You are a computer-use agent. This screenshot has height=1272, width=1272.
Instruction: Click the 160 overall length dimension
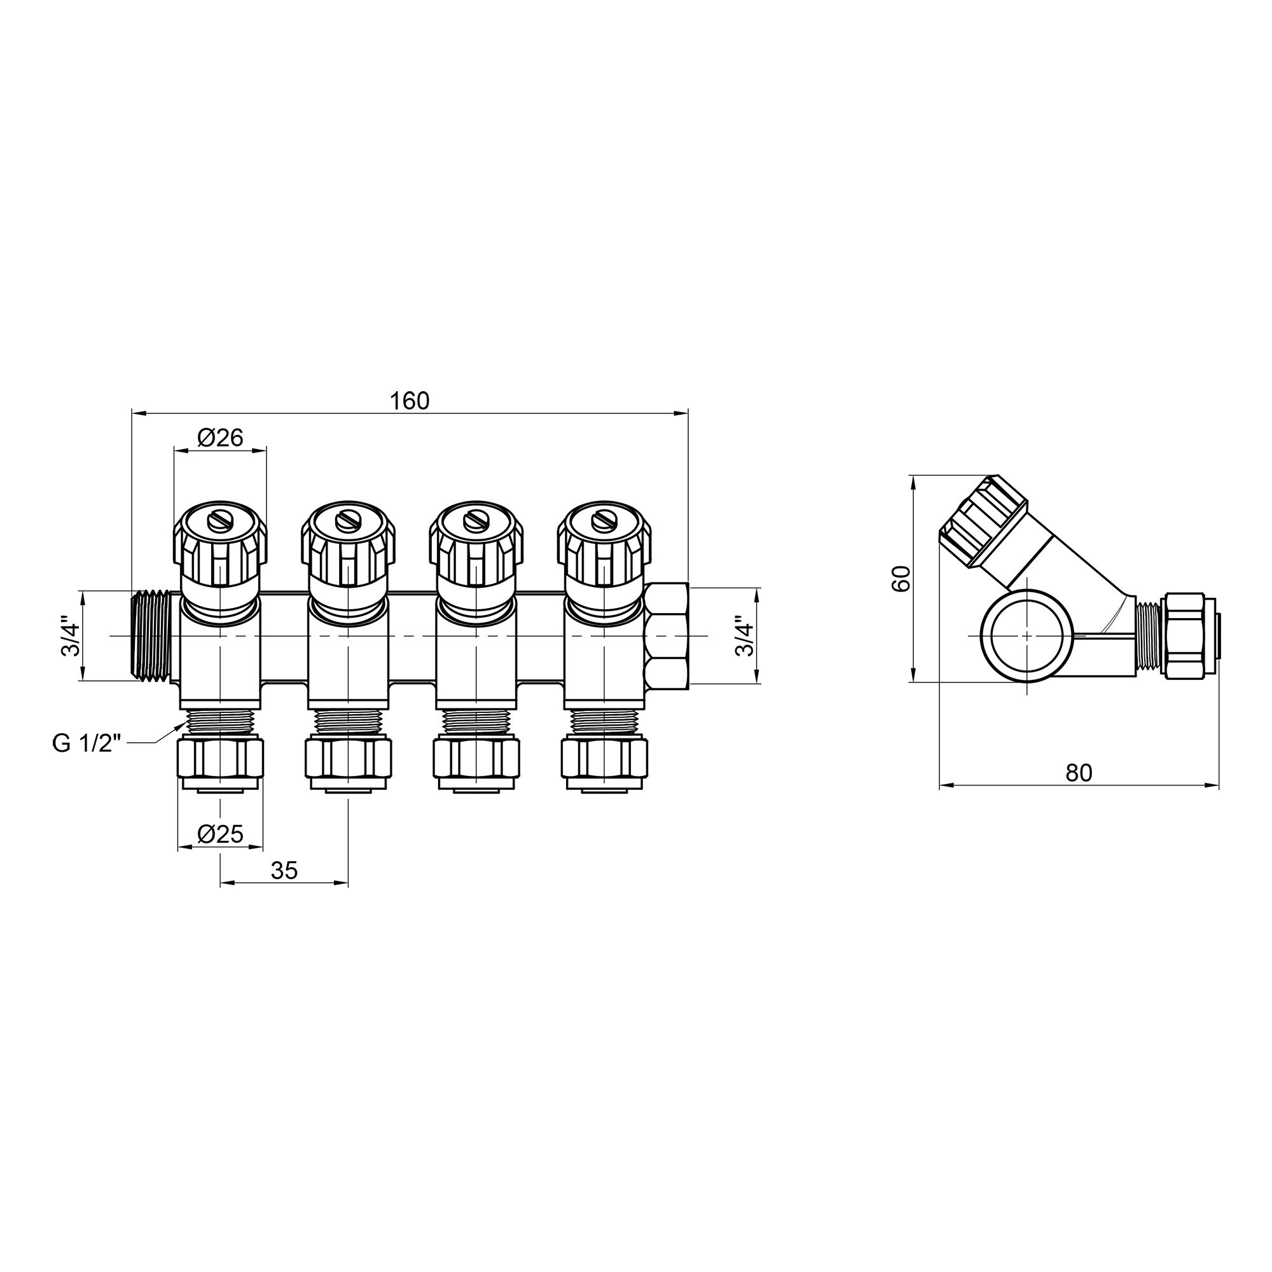(x=409, y=400)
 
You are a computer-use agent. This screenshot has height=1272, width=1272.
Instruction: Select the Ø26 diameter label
(x=220, y=436)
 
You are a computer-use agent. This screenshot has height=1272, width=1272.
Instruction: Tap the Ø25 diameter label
(x=220, y=834)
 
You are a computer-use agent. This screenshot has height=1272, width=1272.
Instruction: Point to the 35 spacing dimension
(x=284, y=871)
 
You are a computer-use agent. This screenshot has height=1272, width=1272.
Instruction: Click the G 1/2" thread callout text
(x=87, y=744)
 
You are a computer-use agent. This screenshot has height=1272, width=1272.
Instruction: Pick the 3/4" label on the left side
(x=70, y=636)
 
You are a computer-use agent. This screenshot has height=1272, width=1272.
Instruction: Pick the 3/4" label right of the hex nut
(x=743, y=636)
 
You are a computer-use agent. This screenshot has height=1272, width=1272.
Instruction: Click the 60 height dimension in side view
(x=901, y=578)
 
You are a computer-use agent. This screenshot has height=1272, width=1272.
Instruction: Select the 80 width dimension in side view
(x=1079, y=772)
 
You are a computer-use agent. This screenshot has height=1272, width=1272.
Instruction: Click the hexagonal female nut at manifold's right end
(x=667, y=636)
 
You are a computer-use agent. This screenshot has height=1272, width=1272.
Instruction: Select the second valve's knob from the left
(x=348, y=546)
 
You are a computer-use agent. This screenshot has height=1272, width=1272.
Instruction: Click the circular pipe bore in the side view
(x=1026, y=636)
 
